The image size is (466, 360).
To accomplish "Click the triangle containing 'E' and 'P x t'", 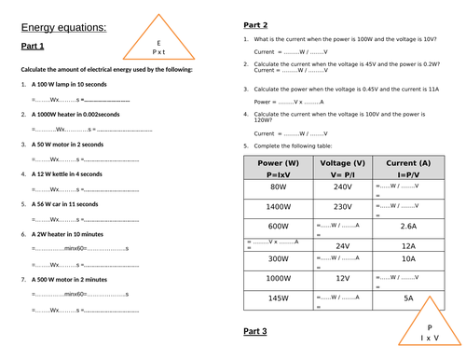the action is click(x=158, y=46).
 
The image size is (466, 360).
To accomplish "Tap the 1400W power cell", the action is click(x=278, y=206).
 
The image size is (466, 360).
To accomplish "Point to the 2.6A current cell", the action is click(x=408, y=226).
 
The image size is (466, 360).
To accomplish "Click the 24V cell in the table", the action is click(x=343, y=245).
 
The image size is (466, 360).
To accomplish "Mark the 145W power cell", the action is click(x=278, y=298).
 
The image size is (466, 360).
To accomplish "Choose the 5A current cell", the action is click(x=408, y=298).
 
